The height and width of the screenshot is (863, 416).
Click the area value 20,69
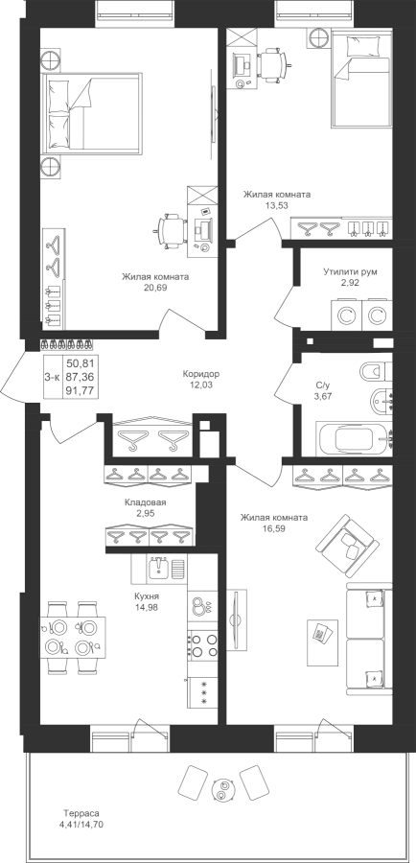coord(155,288)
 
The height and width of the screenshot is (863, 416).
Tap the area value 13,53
coord(277,205)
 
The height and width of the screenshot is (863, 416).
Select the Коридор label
coord(201,374)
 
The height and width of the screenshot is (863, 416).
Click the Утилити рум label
coord(351,272)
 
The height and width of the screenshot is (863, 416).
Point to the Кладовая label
coord(146,502)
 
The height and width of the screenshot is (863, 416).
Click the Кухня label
coord(147,597)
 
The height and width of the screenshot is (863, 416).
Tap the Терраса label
coord(81,813)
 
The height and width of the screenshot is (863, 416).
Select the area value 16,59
coord(274,528)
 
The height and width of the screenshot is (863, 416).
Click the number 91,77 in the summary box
coord(81,391)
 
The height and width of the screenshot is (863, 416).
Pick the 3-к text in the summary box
coord(53,377)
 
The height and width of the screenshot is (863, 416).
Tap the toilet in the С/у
coord(376,371)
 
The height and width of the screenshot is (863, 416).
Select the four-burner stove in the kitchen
coord(203,645)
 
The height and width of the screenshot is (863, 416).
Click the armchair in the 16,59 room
coord(347,546)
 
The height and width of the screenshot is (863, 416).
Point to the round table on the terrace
coord(222,791)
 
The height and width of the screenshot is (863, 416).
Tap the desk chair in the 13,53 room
coord(272,65)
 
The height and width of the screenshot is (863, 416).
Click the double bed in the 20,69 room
coord(91,112)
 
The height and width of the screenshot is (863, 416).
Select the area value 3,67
coord(324,396)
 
